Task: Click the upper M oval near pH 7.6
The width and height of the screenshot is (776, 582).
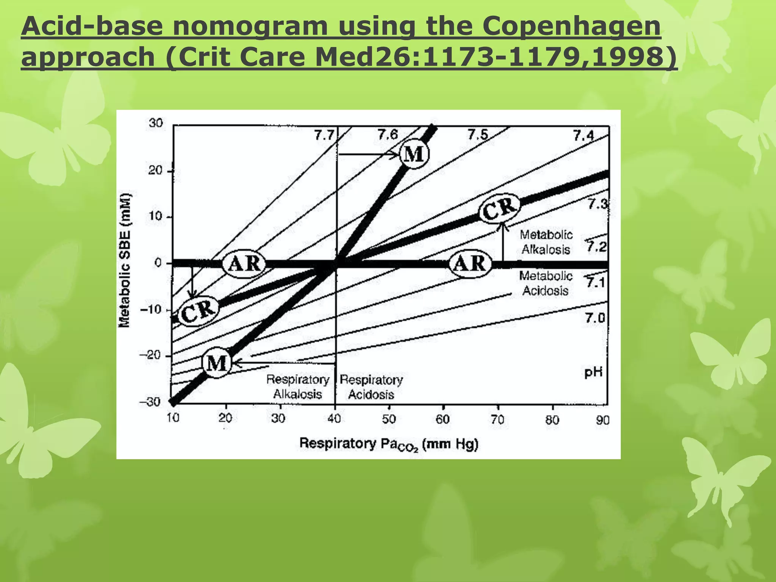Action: pyautogui.click(x=414, y=154)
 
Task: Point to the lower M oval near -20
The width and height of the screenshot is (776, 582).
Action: pyautogui.click(x=217, y=363)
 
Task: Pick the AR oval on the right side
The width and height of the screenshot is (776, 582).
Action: pyautogui.click(x=470, y=263)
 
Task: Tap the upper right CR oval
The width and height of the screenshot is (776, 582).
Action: pyautogui.click(x=499, y=208)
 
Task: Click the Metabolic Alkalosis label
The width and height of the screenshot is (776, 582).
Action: pyautogui.click(x=546, y=242)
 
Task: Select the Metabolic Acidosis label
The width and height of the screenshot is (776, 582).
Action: pyautogui.click(x=546, y=283)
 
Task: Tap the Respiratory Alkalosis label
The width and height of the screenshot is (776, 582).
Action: pyautogui.click(x=297, y=386)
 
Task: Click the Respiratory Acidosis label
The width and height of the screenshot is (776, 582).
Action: pyautogui.click(x=371, y=387)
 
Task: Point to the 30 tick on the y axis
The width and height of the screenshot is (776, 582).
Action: pyautogui.click(x=156, y=123)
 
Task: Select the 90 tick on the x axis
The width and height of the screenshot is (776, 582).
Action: pyautogui.click(x=602, y=420)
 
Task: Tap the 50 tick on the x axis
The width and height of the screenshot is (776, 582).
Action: pyautogui.click(x=389, y=419)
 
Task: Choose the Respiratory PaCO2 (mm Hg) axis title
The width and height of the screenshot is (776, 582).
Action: pyautogui.click(x=389, y=444)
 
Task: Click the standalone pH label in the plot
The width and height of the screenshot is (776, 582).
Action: pyautogui.click(x=593, y=372)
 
